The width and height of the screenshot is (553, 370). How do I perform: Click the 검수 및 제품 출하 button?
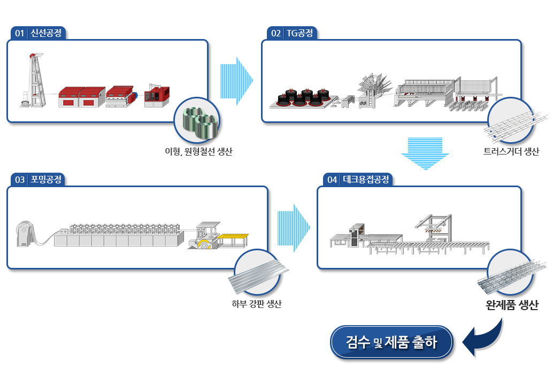pyautogui.click(x=392, y=342)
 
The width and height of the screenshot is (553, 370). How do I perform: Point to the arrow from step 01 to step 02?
pyautogui.click(x=236, y=81)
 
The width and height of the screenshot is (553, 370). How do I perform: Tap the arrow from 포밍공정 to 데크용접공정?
pyautogui.click(x=294, y=227)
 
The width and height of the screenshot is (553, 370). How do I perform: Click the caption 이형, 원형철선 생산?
pyautogui.click(x=198, y=152)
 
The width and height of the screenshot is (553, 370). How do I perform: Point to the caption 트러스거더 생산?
pyautogui.click(x=510, y=152)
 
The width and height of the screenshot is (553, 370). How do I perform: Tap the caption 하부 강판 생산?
pyautogui.click(x=257, y=304)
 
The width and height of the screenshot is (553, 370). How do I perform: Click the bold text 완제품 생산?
pyautogui.click(x=512, y=306)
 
